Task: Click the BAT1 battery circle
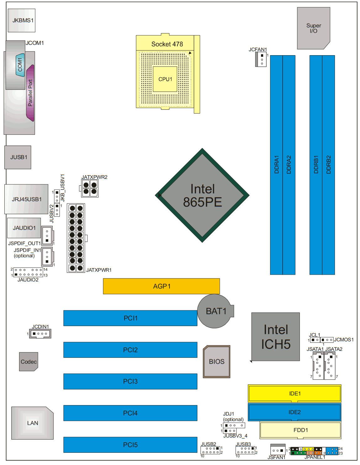tap(215, 311)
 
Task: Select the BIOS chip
tap(216, 362)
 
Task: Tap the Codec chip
tap(29, 362)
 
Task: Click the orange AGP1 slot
tap(161, 286)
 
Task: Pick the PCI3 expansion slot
tap(130, 381)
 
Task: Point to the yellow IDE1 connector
tap(295, 393)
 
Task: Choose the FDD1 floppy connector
tap(300, 430)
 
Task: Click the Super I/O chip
tap(313, 28)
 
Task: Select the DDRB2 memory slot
tap(328, 165)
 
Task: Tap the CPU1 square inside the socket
tap(165, 79)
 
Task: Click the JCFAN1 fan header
tap(261, 59)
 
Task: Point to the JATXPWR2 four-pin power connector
tap(90, 188)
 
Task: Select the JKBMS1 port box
tap(22, 20)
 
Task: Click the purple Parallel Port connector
tap(30, 93)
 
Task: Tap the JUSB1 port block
tap(18, 157)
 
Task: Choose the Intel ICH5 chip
tap(275, 337)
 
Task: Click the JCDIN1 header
tap(40, 334)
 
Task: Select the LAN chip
tap(32, 423)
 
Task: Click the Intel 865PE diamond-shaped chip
tap(202, 195)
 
